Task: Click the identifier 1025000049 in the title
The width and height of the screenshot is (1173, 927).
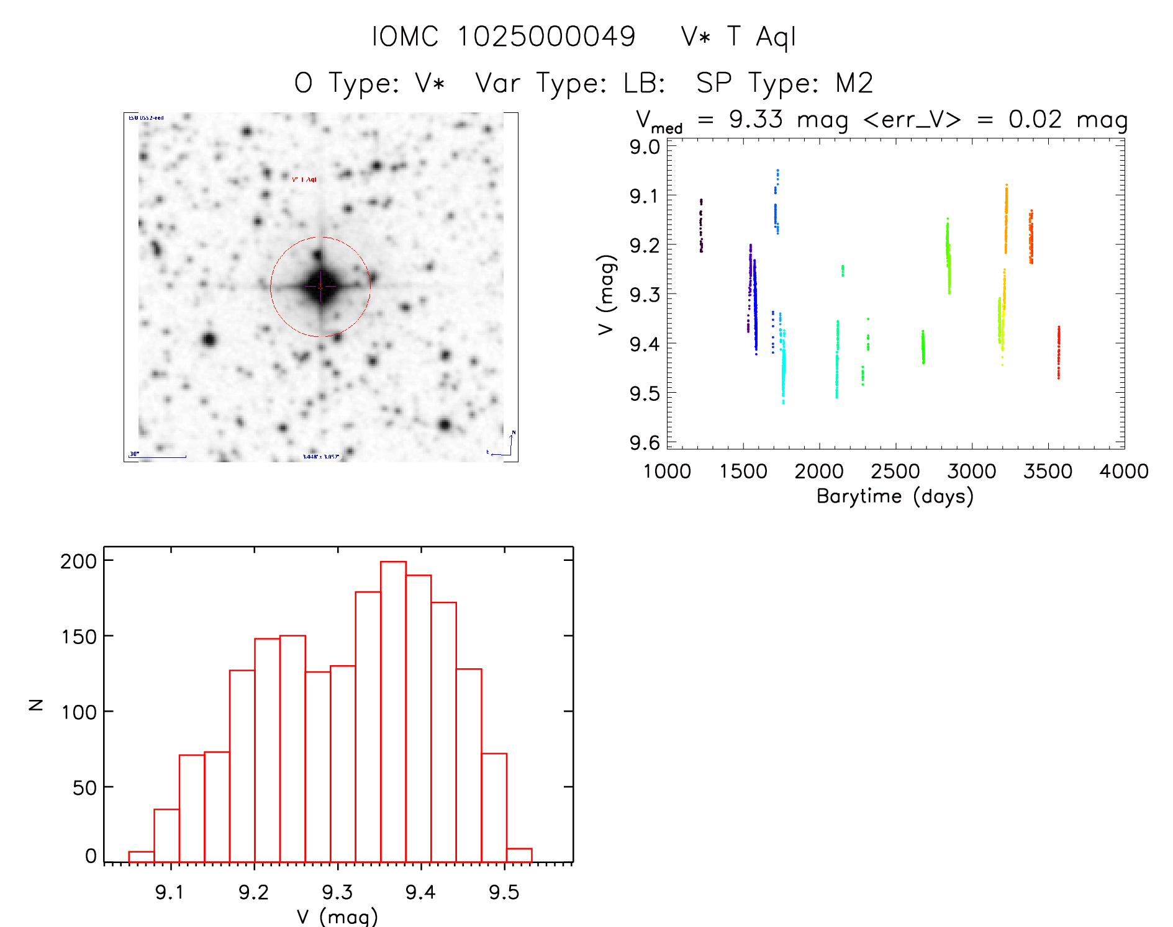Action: click(546, 37)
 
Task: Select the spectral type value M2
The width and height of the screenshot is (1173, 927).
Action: click(854, 83)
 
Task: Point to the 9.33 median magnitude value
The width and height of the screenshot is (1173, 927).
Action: click(756, 119)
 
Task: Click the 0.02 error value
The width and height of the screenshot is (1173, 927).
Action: click(1035, 119)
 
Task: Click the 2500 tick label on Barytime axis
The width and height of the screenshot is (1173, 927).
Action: click(895, 472)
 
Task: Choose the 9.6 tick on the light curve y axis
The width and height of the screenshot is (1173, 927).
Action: click(645, 442)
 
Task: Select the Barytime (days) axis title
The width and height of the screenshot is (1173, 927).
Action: click(895, 496)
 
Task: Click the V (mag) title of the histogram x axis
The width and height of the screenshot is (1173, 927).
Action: click(337, 916)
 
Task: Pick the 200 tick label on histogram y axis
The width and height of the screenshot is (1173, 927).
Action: click(79, 561)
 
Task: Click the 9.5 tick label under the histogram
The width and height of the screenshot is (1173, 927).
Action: click(504, 892)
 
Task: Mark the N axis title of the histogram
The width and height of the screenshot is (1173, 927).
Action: click(36, 704)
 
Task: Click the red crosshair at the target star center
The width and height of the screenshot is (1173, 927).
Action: click(320, 287)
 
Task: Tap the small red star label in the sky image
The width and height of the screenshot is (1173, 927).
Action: click(304, 179)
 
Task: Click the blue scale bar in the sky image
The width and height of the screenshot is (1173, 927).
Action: click(158, 457)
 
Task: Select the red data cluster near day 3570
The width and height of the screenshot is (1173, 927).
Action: click(1059, 352)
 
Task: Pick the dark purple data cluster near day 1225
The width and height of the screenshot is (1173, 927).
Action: click(701, 225)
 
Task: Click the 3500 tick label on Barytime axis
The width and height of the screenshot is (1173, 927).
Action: click(1048, 472)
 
